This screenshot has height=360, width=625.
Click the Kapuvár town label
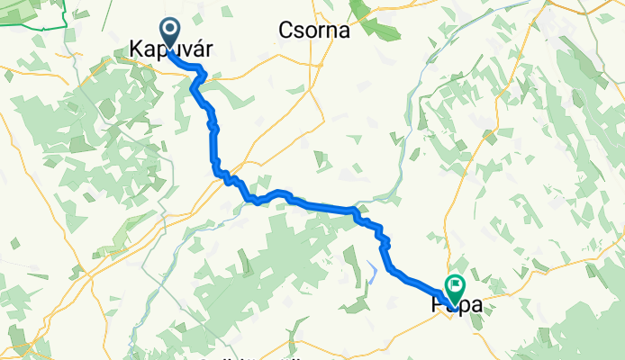pyautogui.click(x=172, y=50)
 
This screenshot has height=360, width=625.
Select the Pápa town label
pyautogui.click(x=457, y=306)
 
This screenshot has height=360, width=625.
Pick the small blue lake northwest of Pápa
pyautogui.click(x=372, y=269)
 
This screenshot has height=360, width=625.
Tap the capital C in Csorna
pyautogui.click(x=284, y=30)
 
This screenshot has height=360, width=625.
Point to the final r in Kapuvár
pyautogui.click(x=209, y=50)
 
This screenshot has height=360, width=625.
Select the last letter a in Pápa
pyautogui.click(x=475, y=306)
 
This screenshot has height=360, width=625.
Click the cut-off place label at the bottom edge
pyautogui.click(x=252, y=355)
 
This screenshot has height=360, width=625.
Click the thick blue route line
pyautogui.click(x=315, y=206)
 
